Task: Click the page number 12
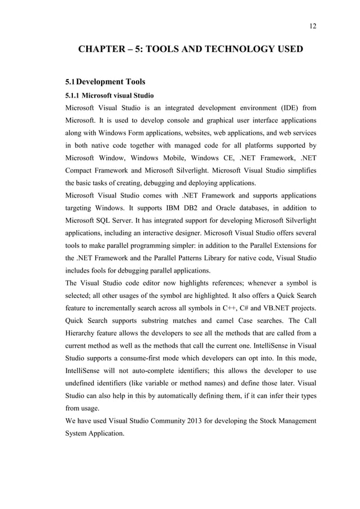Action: (x=313, y=25)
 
